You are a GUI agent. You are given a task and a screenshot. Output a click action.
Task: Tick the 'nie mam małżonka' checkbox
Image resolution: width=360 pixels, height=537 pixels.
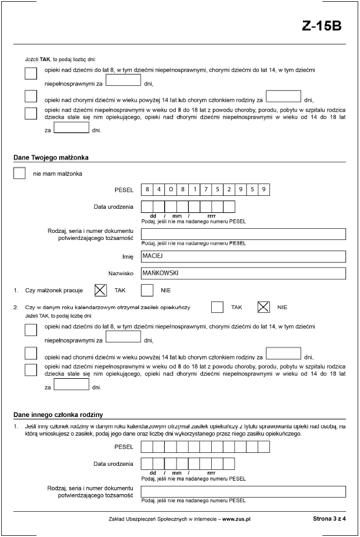[19, 174]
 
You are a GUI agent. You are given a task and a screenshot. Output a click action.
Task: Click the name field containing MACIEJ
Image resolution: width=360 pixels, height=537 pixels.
[242, 256]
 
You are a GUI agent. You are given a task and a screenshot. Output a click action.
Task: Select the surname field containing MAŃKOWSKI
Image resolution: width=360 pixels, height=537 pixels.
[242, 273]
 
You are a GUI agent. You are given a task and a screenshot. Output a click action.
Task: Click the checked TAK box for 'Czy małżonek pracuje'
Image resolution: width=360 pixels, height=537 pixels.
[101, 290]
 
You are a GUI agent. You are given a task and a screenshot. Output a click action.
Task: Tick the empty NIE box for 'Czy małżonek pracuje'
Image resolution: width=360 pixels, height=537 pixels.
[147, 290]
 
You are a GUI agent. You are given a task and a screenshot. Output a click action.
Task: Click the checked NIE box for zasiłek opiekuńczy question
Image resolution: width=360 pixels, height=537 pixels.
[264, 307]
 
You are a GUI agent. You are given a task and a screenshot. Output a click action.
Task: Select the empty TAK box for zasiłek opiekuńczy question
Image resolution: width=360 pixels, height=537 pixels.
[217, 307]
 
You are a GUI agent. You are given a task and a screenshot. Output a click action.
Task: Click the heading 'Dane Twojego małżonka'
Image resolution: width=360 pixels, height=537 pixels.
[51, 157]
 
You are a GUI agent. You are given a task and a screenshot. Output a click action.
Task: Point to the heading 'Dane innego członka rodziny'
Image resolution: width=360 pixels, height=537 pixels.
[58, 415]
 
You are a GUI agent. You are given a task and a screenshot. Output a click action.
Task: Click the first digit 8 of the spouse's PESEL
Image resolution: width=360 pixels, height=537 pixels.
[147, 189]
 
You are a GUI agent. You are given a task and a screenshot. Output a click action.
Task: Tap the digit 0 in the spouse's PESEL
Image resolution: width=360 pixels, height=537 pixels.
[171, 189]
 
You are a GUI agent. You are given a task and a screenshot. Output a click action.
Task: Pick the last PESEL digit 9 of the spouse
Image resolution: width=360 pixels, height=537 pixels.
[264, 189]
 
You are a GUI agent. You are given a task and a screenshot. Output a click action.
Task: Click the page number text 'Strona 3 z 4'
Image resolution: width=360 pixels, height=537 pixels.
[329, 519]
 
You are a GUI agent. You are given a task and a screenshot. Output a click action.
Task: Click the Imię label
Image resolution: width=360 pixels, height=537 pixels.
[128, 256]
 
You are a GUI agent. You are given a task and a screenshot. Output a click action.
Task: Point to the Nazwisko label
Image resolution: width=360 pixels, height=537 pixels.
[121, 273]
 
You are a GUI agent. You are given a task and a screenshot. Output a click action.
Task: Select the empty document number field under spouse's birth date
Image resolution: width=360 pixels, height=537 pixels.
[242, 234]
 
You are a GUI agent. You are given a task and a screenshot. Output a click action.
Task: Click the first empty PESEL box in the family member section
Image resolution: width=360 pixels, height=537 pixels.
[147, 447]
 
